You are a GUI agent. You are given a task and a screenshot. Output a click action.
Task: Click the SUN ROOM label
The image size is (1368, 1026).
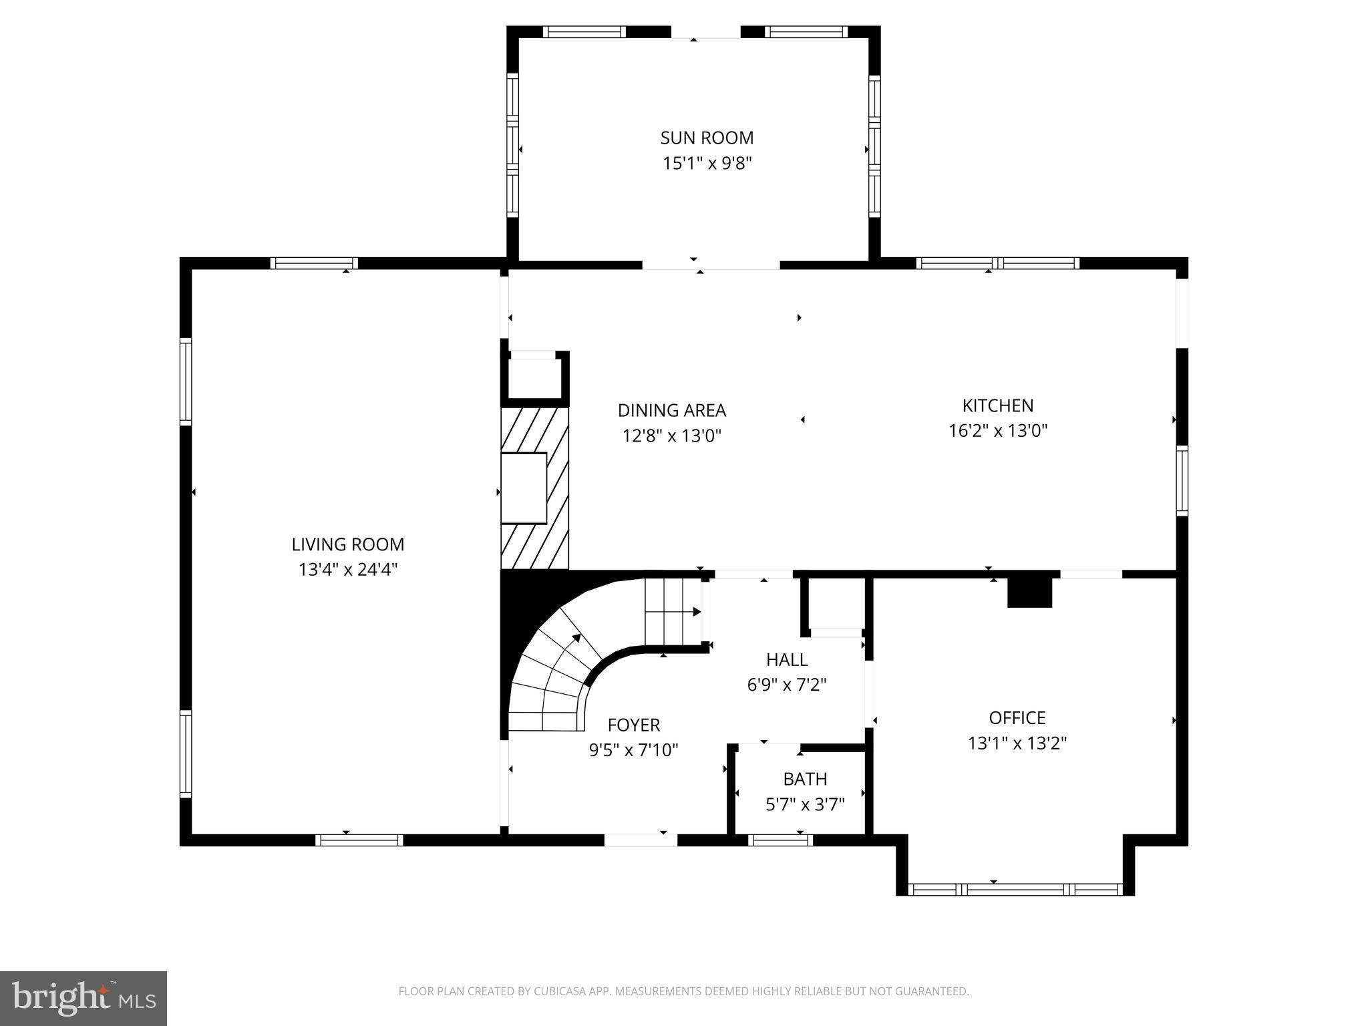pyautogui.click(x=707, y=138)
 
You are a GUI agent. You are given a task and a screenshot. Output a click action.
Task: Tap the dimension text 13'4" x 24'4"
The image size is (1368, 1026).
pyautogui.click(x=348, y=570)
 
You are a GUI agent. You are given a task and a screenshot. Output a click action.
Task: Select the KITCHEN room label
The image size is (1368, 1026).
pyautogui.click(x=997, y=405)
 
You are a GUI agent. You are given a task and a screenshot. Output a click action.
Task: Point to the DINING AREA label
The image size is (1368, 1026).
pyautogui.click(x=671, y=410)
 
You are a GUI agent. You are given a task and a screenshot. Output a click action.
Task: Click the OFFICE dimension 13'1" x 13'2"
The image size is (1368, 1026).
pyautogui.click(x=1017, y=743)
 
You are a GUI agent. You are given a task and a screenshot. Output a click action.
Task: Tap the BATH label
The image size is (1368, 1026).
pyautogui.click(x=805, y=779)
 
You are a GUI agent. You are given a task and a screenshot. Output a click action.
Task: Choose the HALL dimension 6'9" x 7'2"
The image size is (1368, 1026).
pyautogui.click(x=786, y=685)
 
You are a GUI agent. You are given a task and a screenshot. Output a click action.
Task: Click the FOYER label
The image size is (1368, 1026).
pyautogui.click(x=633, y=725)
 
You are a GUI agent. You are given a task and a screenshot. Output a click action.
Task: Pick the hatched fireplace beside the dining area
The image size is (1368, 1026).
pyautogui.click(x=534, y=488)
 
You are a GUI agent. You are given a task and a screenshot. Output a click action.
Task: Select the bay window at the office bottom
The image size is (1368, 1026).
pyautogui.click(x=1015, y=889)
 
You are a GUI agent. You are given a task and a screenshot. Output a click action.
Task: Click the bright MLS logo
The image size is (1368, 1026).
pyautogui.click(x=83, y=999)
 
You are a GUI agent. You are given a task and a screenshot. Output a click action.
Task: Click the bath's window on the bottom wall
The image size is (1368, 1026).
pyautogui.click(x=780, y=840)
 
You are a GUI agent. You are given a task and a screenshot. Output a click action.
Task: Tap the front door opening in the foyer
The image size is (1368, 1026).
pyautogui.click(x=641, y=840)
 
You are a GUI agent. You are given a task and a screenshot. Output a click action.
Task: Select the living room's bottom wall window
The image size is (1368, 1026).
pyautogui.click(x=359, y=840)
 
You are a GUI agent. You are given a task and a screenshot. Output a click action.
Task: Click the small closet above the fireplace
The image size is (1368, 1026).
pyautogui.click(x=534, y=378)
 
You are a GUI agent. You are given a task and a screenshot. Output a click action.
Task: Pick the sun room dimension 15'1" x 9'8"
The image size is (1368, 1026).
pyautogui.click(x=707, y=163)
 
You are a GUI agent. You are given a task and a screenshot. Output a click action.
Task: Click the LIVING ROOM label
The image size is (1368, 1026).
pyautogui.click(x=348, y=544)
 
